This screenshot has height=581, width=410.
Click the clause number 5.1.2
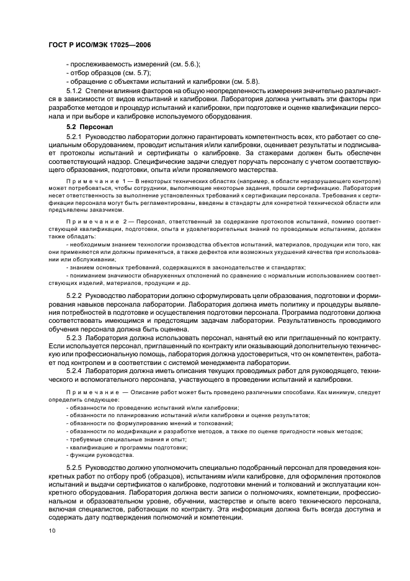pos(74,91)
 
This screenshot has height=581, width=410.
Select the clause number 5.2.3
pos(74,338)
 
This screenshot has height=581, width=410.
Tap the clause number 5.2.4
pos(74,371)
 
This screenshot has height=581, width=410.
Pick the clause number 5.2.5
pos(74,466)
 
